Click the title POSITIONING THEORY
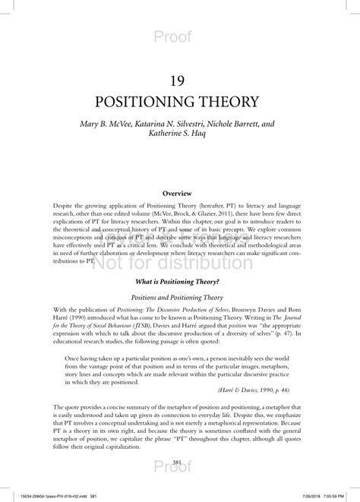180,102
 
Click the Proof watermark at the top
180,36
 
